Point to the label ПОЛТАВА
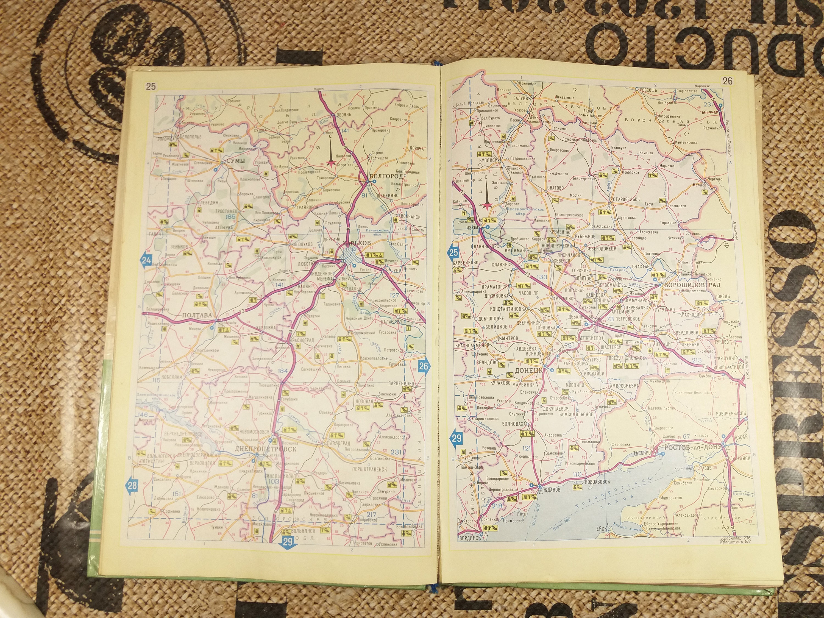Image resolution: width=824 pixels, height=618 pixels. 196,316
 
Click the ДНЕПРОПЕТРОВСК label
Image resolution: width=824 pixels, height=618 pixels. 266,449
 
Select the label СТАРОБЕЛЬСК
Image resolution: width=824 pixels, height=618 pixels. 625,199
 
